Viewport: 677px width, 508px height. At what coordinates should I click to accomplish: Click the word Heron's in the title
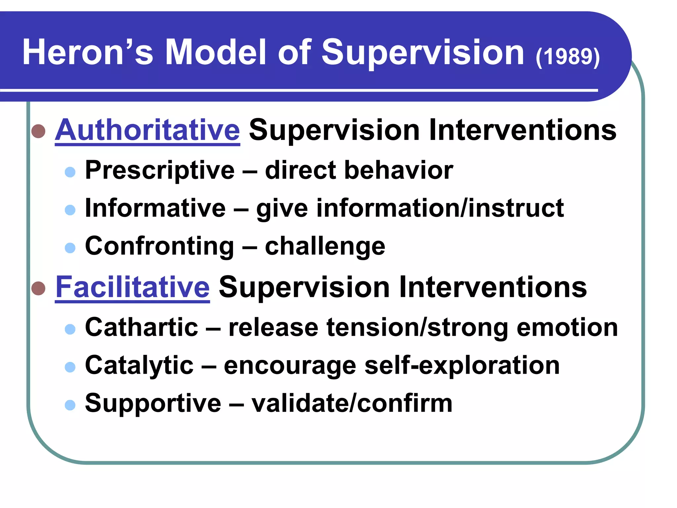coord(88,52)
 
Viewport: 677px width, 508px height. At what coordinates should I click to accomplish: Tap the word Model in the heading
coord(215,52)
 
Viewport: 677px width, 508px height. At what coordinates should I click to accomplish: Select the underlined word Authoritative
coord(147,130)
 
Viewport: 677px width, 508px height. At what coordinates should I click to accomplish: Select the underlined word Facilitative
coord(132,287)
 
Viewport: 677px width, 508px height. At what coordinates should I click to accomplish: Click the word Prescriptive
coord(160,170)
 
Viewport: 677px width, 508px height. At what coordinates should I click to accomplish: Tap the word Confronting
coord(160,246)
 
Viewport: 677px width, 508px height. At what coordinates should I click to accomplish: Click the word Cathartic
coord(141,327)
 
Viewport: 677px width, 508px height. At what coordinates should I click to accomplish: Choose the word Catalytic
coord(139,365)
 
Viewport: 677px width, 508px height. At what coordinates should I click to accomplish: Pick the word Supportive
coord(153,403)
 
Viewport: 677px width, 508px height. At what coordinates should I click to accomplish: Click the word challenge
coord(325,247)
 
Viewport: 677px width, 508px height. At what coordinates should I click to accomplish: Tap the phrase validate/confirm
coord(352,403)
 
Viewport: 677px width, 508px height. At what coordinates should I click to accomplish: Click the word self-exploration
coord(462,366)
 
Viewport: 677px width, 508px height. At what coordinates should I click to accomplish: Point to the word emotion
coord(567,328)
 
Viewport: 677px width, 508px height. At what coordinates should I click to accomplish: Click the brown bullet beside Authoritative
coord(38,131)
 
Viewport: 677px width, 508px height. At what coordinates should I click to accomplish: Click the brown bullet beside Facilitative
coord(38,288)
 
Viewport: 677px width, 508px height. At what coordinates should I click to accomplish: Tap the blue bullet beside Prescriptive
coord(70,172)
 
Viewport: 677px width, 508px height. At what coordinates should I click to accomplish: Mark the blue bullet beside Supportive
coord(70,405)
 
